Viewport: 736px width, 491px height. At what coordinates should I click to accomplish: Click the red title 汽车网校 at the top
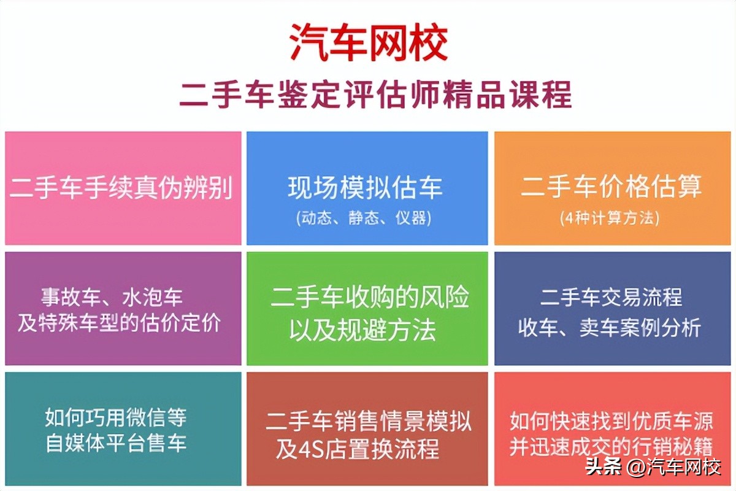pyautogui.click(x=368, y=43)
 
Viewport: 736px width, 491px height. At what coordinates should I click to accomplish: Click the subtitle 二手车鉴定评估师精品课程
pyautogui.click(x=375, y=95)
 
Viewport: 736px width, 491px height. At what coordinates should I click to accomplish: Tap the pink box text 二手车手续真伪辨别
pyautogui.click(x=121, y=188)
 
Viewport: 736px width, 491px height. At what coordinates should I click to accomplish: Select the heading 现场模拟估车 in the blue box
pyautogui.click(x=366, y=188)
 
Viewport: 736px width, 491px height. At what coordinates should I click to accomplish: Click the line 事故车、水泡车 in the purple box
pyautogui.click(x=112, y=298)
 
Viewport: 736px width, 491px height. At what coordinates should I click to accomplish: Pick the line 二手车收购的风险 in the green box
pyautogui.click(x=370, y=298)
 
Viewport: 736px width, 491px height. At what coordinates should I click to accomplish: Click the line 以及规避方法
pyautogui.click(x=363, y=330)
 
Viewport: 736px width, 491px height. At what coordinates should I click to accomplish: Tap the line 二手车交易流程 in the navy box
pyautogui.click(x=611, y=298)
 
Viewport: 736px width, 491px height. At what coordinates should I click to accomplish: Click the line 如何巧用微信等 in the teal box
pyautogui.click(x=115, y=418)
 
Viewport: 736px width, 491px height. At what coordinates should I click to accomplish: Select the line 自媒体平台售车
pyautogui.click(x=116, y=443)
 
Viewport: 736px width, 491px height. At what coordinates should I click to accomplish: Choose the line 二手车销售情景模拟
pyautogui.click(x=369, y=422)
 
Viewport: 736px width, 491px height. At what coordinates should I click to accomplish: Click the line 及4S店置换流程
pyautogui.click(x=358, y=450)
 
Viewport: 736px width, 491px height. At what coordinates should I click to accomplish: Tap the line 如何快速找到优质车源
pyautogui.click(x=611, y=422)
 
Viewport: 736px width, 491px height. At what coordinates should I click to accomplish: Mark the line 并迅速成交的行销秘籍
pyautogui.click(x=611, y=446)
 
